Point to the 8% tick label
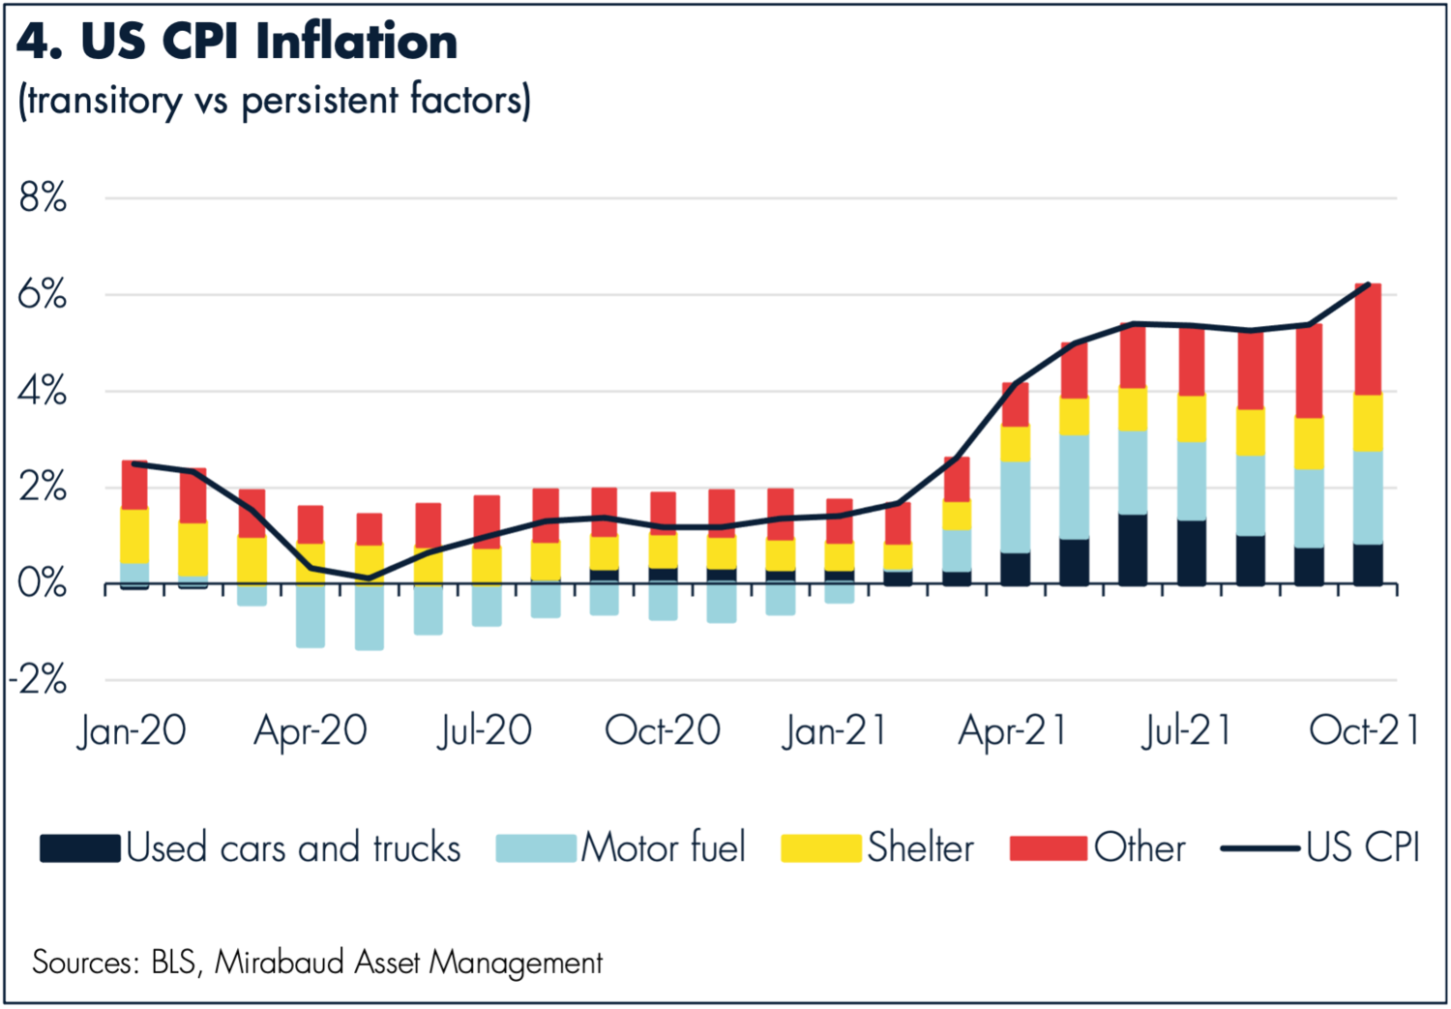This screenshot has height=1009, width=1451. tap(43, 198)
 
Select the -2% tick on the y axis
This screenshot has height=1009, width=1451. tap(39, 680)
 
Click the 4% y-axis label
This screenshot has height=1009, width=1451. tap(43, 392)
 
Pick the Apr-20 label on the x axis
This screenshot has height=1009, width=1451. tap(311, 731)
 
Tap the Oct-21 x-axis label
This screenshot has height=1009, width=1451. tap(1364, 731)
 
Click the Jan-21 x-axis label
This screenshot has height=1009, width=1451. tap(835, 731)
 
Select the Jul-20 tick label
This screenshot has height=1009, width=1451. tap(485, 731)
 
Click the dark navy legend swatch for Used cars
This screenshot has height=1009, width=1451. tap(80, 848)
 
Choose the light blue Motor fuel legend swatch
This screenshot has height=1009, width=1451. tap(536, 848)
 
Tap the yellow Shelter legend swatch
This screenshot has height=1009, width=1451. tap(820, 848)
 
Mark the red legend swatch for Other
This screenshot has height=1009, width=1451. tap(1049, 848)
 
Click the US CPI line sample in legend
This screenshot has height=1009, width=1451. tap(1259, 848)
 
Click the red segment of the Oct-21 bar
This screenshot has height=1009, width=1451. tap(1367, 339)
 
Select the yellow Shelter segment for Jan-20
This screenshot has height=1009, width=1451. tap(135, 535)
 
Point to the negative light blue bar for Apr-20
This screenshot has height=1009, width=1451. tap(311, 615)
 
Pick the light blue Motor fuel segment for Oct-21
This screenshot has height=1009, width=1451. tap(1367, 497)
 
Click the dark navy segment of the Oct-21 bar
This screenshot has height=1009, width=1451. tap(1367, 564)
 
